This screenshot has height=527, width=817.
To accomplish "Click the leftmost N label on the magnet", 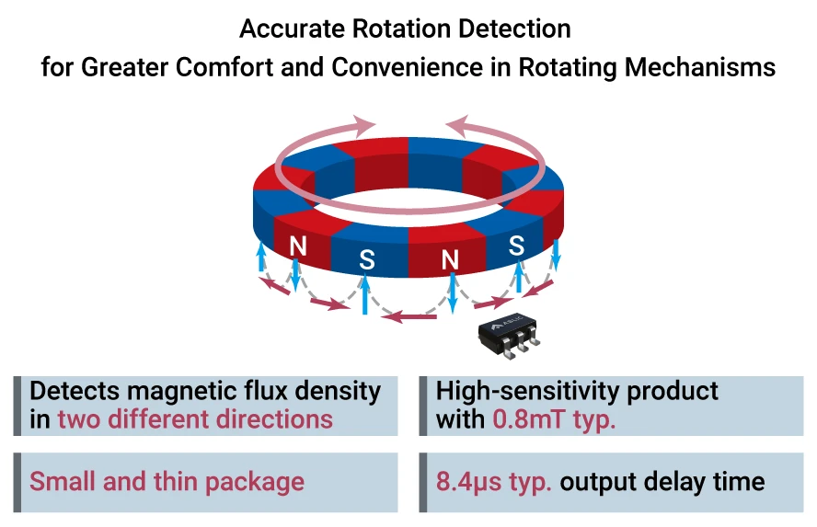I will [x=297, y=246].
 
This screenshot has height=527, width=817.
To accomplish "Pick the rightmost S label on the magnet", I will [x=516, y=246].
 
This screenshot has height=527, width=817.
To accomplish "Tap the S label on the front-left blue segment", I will [x=367, y=260].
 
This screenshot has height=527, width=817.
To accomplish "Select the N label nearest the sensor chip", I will [x=450, y=260].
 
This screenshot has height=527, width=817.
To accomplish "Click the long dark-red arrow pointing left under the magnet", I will [x=409, y=317].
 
